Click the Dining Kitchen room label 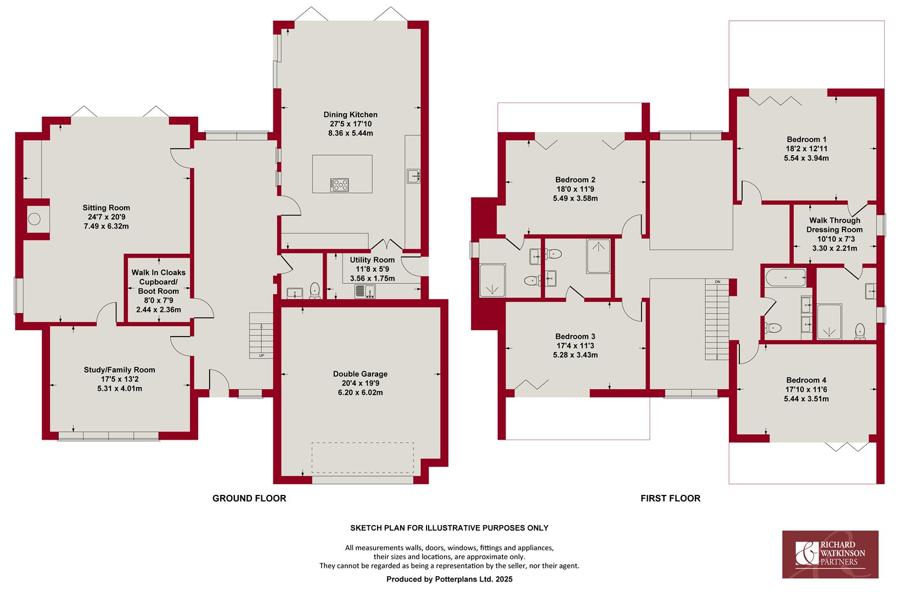tap(350, 115)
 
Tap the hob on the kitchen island tap(340, 185)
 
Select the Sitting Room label tap(106, 208)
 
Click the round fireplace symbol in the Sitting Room tap(34, 219)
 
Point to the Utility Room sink tap(365, 292)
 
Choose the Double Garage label tap(361, 374)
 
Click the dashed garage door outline tap(363, 458)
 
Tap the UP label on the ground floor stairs tap(262, 356)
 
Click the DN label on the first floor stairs tap(717, 282)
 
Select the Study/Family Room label tap(119, 370)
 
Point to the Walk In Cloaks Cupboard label tap(159, 277)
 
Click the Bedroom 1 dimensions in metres tap(806, 158)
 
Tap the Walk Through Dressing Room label tap(835, 225)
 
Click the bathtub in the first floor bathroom tap(785, 277)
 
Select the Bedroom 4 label tap(806, 380)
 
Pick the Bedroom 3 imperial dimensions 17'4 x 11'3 tap(575, 346)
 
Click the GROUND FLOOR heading tap(249, 498)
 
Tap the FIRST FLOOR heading tap(670, 498)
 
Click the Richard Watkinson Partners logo tap(830, 554)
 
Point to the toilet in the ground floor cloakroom tap(314, 291)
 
